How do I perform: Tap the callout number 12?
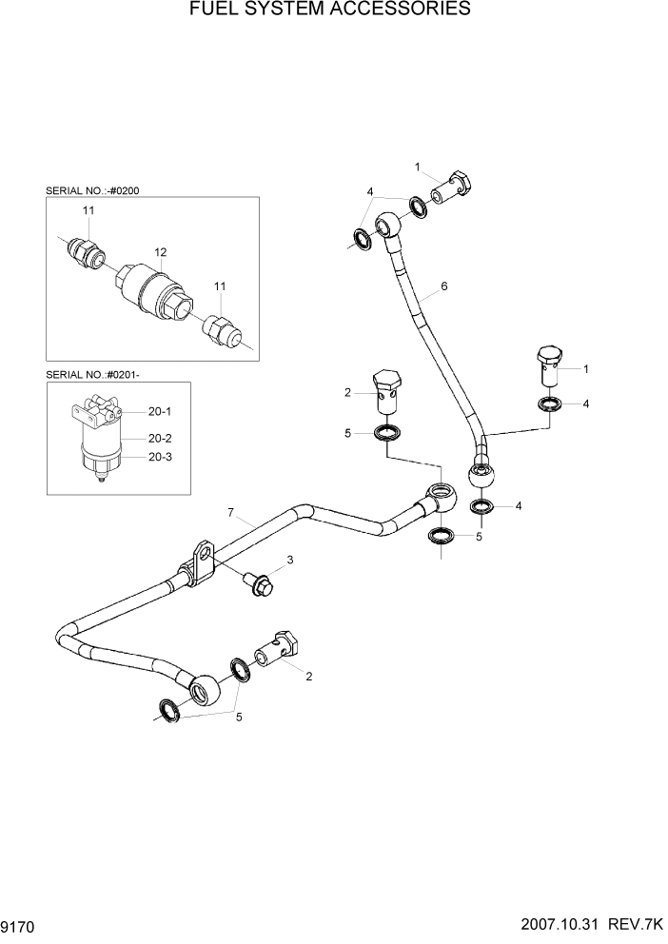click(x=161, y=252)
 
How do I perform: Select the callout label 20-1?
click(x=159, y=412)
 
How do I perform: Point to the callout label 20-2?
click(x=159, y=439)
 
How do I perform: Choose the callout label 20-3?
click(x=159, y=457)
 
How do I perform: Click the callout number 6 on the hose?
click(x=443, y=285)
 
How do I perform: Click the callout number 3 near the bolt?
click(x=291, y=560)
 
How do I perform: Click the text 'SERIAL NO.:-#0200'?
click(x=91, y=191)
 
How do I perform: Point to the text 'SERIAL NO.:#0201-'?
click(x=92, y=375)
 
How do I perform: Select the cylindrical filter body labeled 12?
click(x=152, y=289)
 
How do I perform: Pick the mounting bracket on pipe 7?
click(x=201, y=560)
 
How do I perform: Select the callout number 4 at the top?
click(x=370, y=192)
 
